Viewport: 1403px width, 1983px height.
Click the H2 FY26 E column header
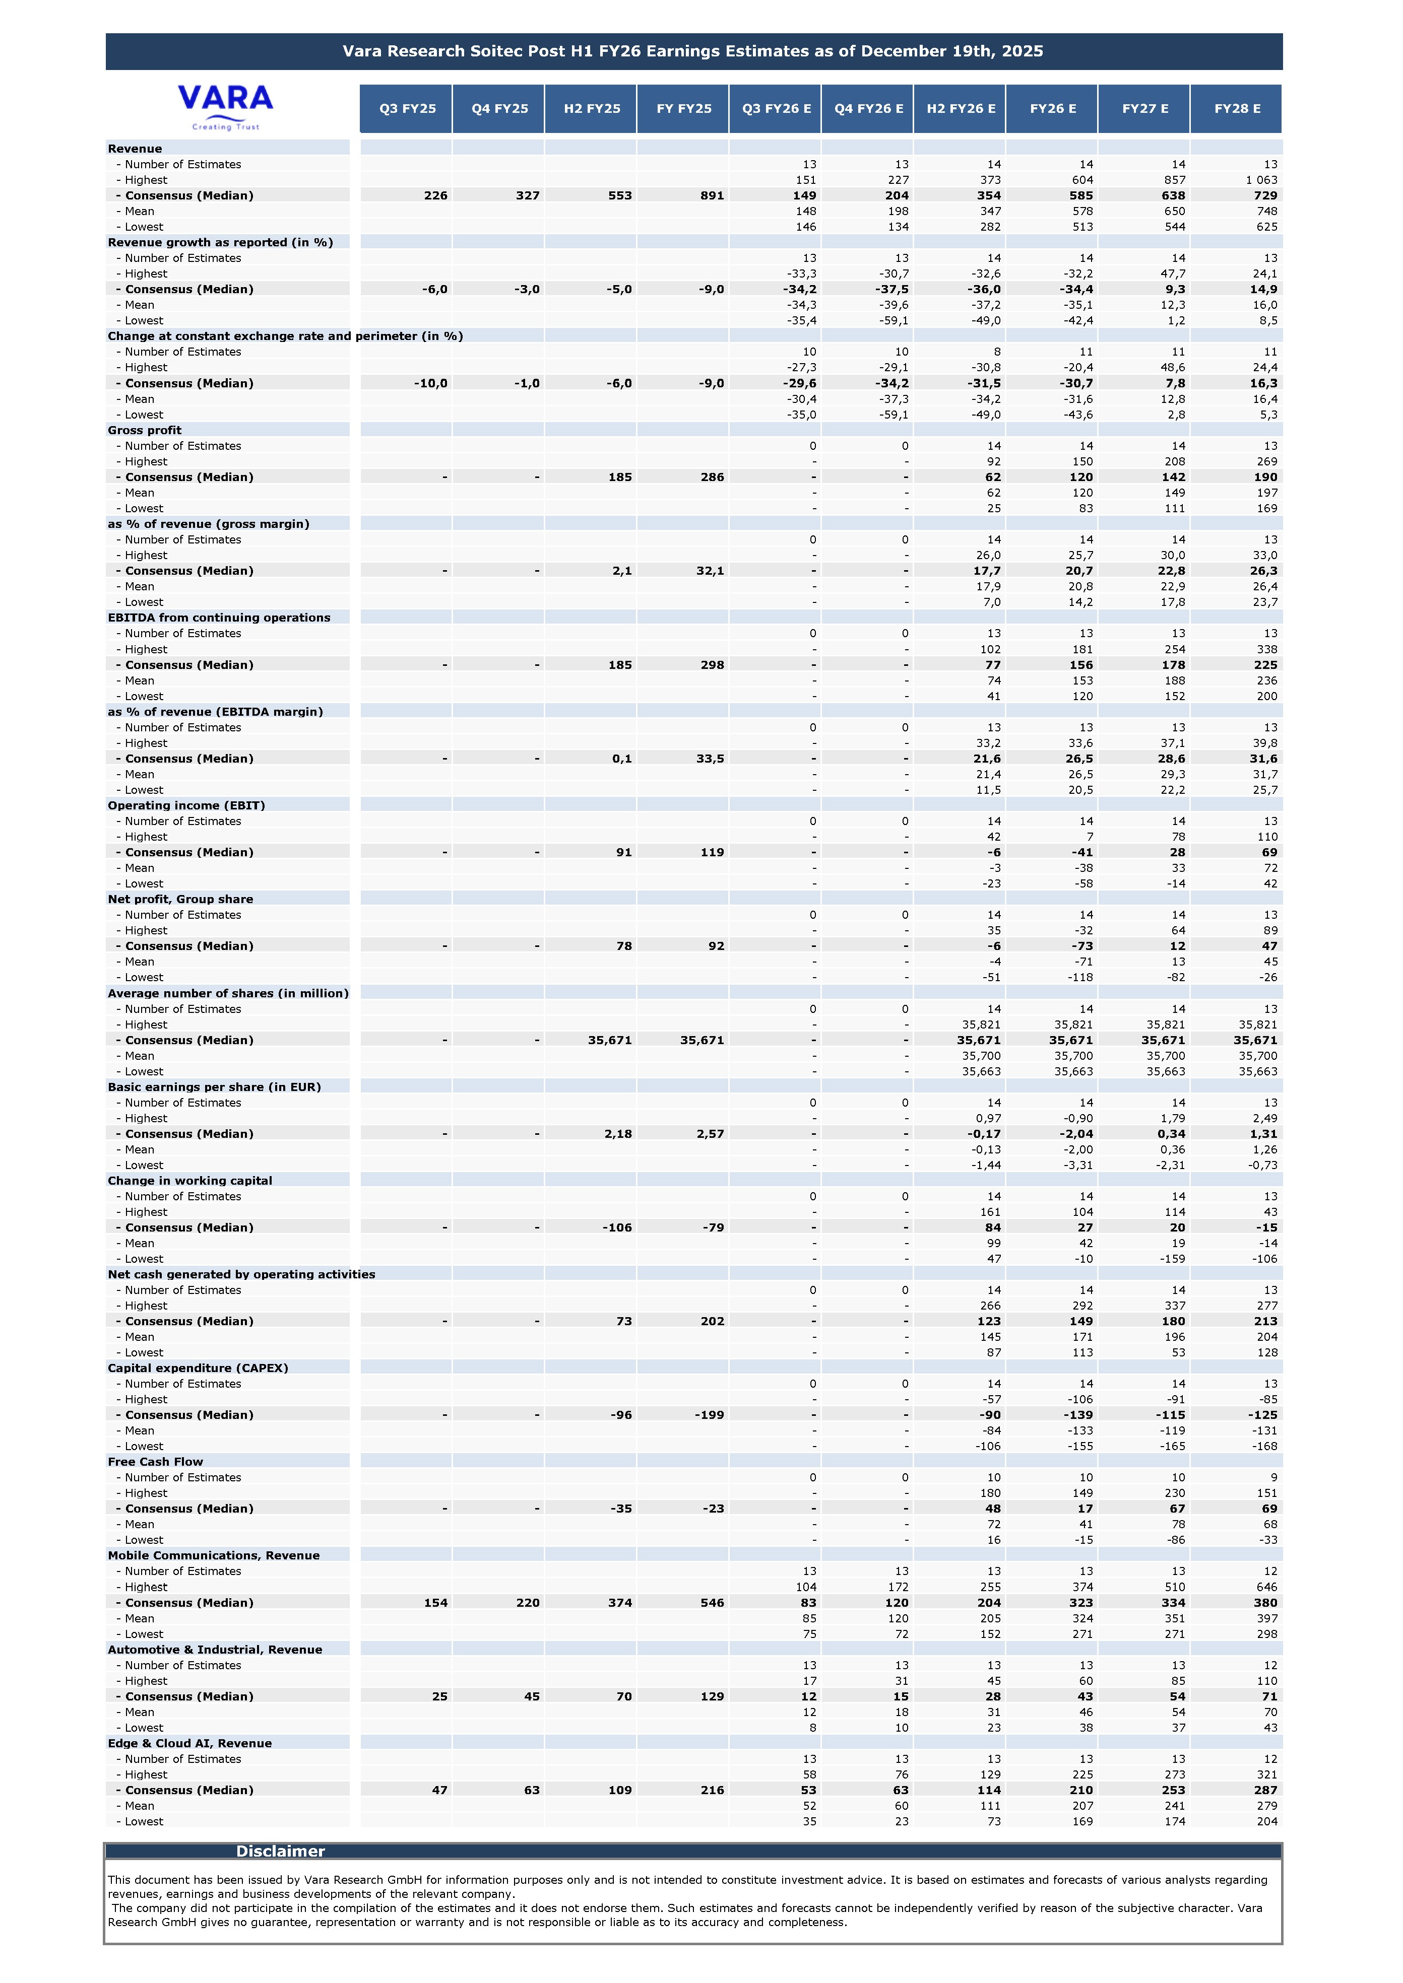coord(960,109)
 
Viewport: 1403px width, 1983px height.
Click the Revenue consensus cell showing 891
coord(712,195)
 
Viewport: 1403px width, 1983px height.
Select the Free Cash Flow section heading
coord(156,1461)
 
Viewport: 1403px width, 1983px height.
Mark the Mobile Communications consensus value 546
coord(712,1603)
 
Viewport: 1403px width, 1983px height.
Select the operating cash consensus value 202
coord(712,1322)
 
